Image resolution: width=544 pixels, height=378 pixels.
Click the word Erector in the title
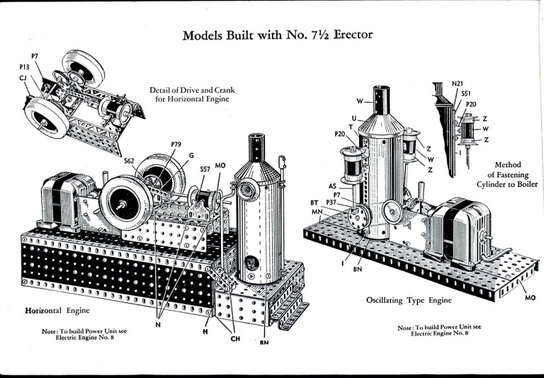[353, 35]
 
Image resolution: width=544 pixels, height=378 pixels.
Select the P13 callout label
[24, 67]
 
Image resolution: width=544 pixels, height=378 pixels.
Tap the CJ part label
[23, 78]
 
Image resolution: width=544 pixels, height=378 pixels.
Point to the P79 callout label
[176, 144]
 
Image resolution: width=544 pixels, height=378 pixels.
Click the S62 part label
[129, 161]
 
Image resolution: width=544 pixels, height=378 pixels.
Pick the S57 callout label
[205, 169]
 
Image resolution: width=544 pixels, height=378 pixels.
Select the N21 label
[458, 84]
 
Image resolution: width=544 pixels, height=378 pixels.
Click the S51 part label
[466, 93]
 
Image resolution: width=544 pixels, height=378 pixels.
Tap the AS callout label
[332, 186]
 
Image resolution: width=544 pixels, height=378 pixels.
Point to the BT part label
[314, 202]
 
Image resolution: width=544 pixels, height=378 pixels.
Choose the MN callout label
[317, 211]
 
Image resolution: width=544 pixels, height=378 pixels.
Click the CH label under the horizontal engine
[235, 338]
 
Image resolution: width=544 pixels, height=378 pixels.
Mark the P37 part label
[331, 202]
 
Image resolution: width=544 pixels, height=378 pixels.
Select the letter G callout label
[191, 155]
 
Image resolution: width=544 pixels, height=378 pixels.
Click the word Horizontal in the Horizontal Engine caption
[43, 310]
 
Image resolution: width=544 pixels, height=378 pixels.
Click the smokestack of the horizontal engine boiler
[256, 148]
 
